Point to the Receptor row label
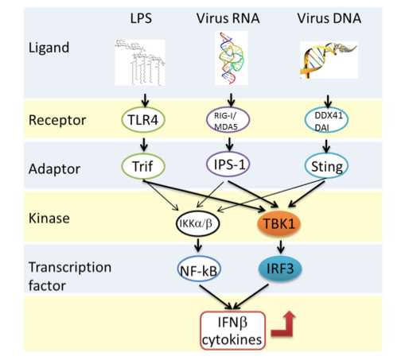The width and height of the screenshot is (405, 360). pyautogui.click(x=53, y=121)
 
